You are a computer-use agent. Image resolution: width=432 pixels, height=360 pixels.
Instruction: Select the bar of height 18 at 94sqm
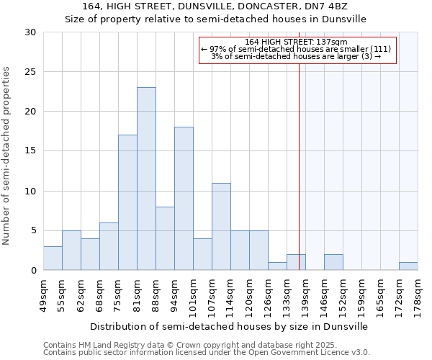[184, 199]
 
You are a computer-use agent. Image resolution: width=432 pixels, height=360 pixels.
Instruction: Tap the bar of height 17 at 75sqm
[127, 202]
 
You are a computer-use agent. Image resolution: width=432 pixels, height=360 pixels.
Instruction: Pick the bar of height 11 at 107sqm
[221, 227]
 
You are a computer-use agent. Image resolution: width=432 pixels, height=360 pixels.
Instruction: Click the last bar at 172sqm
[408, 266]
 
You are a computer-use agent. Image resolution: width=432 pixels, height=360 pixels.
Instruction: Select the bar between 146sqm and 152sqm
[333, 263]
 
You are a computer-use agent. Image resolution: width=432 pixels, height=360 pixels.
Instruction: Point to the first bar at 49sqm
[53, 258]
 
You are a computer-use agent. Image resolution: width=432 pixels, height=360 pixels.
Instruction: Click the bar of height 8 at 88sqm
[165, 238]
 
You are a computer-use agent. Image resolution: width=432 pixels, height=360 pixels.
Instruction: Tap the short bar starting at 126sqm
[277, 266]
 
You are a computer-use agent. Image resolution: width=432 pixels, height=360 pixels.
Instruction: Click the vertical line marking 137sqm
[299, 166]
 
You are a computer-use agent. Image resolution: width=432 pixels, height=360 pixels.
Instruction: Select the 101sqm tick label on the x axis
[193, 295]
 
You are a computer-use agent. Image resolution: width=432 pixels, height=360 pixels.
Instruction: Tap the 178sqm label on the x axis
[418, 295]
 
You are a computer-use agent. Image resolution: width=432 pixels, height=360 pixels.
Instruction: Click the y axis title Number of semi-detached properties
[7, 156]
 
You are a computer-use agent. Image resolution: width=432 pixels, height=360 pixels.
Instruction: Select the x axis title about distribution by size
[230, 326]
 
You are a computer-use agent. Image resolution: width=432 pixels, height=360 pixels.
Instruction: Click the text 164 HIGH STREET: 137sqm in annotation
[297, 42]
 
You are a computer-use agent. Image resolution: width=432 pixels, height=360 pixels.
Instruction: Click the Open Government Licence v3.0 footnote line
[206, 353]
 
